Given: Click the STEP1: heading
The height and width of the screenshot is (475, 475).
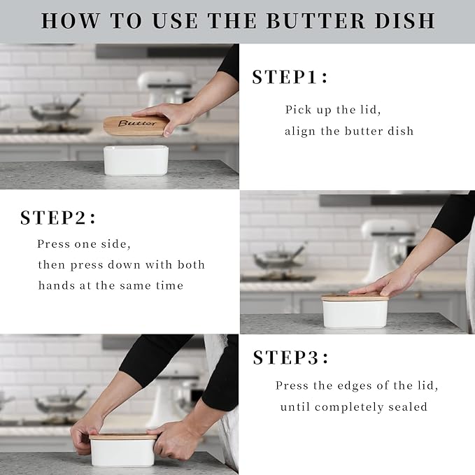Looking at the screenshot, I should (x=290, y=77).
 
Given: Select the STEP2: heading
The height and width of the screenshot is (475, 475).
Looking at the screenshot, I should (x=58, y=218).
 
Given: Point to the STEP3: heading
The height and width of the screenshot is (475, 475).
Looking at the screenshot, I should (x=290, y=357).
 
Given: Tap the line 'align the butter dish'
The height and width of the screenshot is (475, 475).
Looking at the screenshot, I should (x=349, y=131).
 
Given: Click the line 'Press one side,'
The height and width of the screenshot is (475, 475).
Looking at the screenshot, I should (x=84, y=244).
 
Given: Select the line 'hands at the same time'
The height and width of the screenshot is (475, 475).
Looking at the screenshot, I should (x=111, y=285).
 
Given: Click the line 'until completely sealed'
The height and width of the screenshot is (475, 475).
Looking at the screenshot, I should (x=353, y=406).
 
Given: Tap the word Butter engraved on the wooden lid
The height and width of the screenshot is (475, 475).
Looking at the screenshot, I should (x=138, y=124).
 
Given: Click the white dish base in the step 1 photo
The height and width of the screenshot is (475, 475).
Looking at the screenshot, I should (x=136, y=161).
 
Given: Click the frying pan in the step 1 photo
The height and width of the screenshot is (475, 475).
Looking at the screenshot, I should (x=52, y=110).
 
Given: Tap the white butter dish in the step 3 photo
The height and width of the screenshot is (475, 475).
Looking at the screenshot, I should (x=123, y=453).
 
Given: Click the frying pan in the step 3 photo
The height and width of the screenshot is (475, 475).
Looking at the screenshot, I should (x=59, y=402).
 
